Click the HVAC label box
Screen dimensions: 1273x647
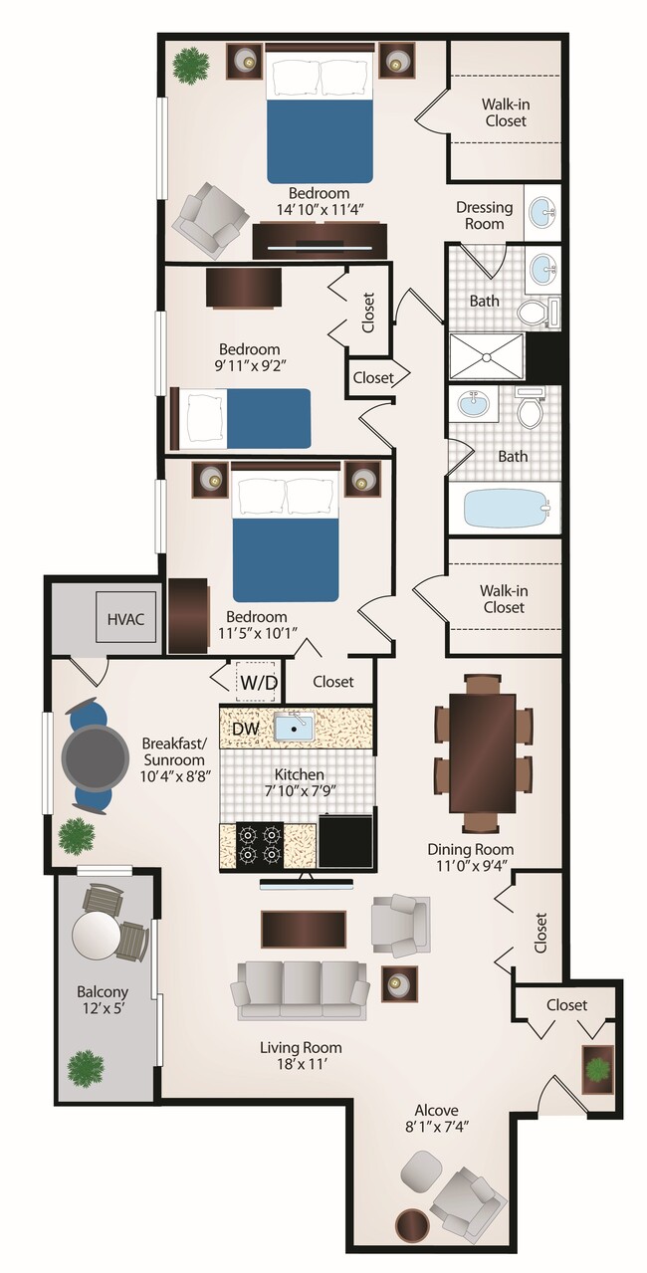[125, 619]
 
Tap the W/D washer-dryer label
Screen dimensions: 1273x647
[258, 683]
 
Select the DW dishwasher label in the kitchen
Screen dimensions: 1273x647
[245, 729]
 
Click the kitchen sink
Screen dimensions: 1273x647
[293, 728]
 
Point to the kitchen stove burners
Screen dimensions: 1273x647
[260, 843]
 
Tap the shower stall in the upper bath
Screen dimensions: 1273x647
[486, 356]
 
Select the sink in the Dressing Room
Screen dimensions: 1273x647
[542, 212]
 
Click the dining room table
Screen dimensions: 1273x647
[483, 752]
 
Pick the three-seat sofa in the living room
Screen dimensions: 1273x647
[300, 988]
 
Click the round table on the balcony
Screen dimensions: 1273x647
[97, 935]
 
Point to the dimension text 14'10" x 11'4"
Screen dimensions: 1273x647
[320, 209]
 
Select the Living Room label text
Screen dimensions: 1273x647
[301, 1047]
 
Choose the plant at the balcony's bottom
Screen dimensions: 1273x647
[86, 1067]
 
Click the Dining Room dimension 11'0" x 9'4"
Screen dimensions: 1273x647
[471, 865]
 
